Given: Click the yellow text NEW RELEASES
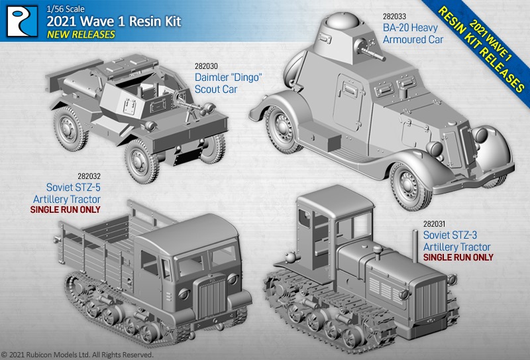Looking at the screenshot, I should pos(80,34).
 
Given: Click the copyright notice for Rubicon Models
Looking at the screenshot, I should pos(77,355).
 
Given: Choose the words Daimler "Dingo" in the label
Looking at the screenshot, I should pos(225,78).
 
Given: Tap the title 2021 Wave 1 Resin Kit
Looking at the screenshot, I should pos(113,21).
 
